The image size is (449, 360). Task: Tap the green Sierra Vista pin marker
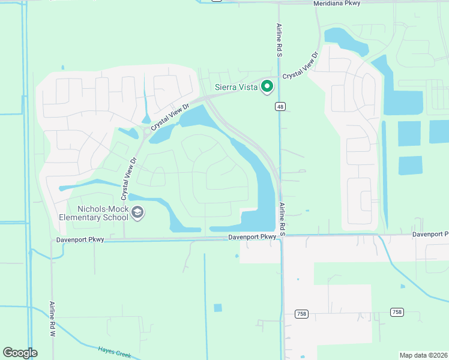[x=267, y=87]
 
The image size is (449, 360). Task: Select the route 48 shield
[x=280, y=107]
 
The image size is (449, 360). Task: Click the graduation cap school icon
[x=137, y=212]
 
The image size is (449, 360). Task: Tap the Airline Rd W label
[x=52, y=318]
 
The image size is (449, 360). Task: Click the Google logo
[x=20, y=353]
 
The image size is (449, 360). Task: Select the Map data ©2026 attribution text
[x=423, y=355]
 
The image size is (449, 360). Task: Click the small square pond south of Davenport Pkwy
[x=217, y=308]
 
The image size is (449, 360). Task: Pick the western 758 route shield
[x=301, y=314]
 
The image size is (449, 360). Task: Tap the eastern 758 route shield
[x=396, y=312]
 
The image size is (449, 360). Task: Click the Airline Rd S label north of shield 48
[x=279, y=40]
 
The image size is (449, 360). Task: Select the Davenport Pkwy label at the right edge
[x=430, y=234]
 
